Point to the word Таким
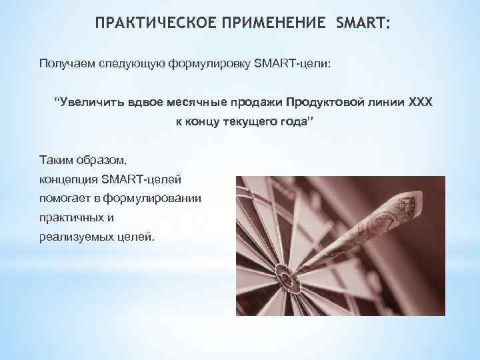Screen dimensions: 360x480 (x=57, y=161)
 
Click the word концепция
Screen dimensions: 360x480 (x=69, y=179)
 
